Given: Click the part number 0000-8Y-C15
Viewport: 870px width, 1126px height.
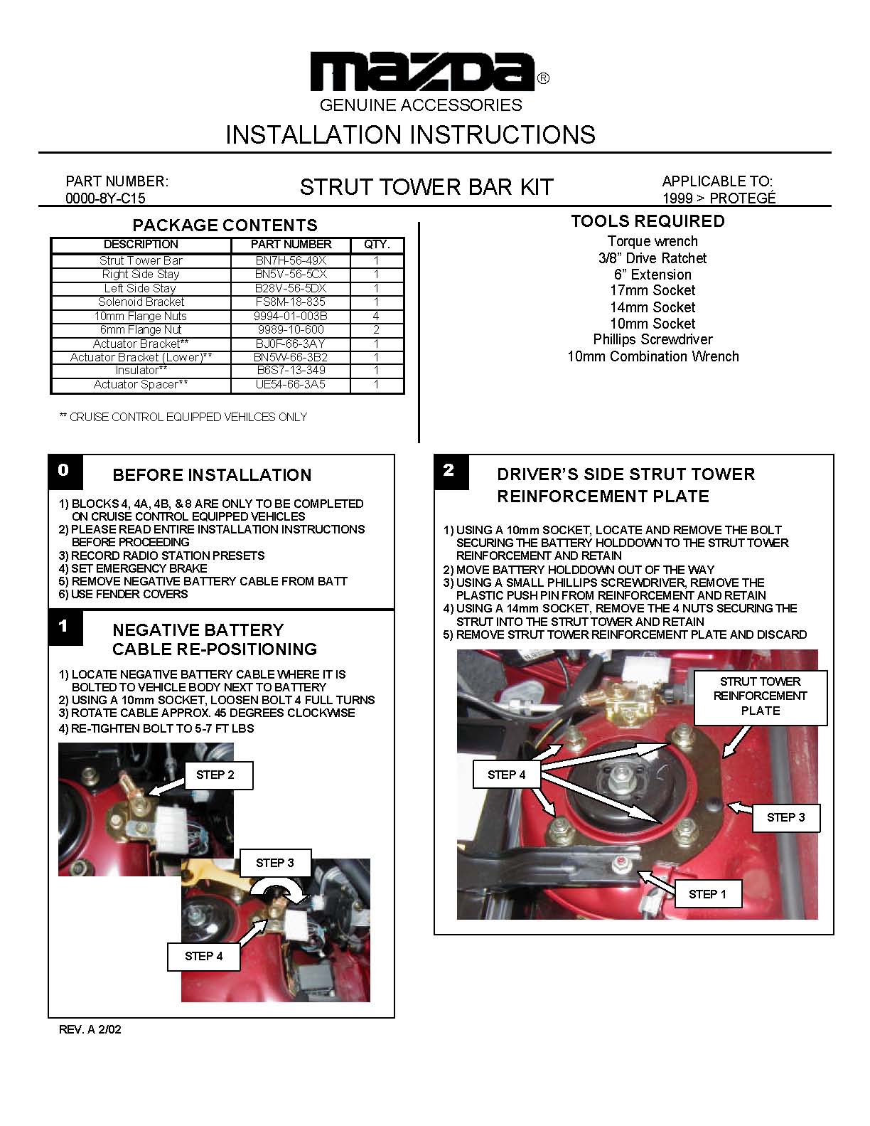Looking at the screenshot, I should pos(105,198).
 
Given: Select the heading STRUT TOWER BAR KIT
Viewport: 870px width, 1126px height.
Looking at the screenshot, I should pos(426,187).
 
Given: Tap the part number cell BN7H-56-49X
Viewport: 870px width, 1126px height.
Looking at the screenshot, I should pos(291,260).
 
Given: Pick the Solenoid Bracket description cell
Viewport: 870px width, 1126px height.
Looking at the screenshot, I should pos(141,302).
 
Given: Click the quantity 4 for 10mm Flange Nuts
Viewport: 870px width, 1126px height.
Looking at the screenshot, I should pos(376,316).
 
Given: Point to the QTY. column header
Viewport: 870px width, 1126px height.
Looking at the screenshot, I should pos(377,244).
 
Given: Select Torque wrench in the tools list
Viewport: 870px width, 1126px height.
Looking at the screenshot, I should pos(652,241).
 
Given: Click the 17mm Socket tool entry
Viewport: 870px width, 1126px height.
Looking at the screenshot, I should pos(652,290).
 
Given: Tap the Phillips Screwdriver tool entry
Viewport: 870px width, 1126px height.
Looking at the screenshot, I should pos(652,340).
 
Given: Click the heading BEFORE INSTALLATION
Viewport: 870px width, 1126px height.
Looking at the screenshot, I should pos(212,475).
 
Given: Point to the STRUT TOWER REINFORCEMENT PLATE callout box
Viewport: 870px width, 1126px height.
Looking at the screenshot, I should pos(760,696).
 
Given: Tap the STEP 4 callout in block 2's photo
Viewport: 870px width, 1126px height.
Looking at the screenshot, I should pos(506,775).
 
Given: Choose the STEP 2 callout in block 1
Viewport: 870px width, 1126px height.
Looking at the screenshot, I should pos(215,775).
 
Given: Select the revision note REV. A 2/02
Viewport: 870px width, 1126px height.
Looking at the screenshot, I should pos(90,1029).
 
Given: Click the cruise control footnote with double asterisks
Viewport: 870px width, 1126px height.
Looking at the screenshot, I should pos(183,417).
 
